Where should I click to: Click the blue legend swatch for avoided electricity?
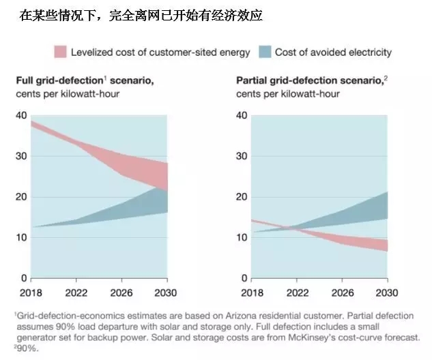[264, 52]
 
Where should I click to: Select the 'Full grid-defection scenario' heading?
[85, 80]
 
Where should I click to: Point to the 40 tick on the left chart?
[21, 116]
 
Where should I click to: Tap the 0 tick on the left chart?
[24, 278]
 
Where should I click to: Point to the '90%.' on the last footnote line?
[27, 347]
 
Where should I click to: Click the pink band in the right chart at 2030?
[384, 245]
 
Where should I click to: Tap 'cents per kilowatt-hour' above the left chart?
[68, 93]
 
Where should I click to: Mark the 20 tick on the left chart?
[21, 197]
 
